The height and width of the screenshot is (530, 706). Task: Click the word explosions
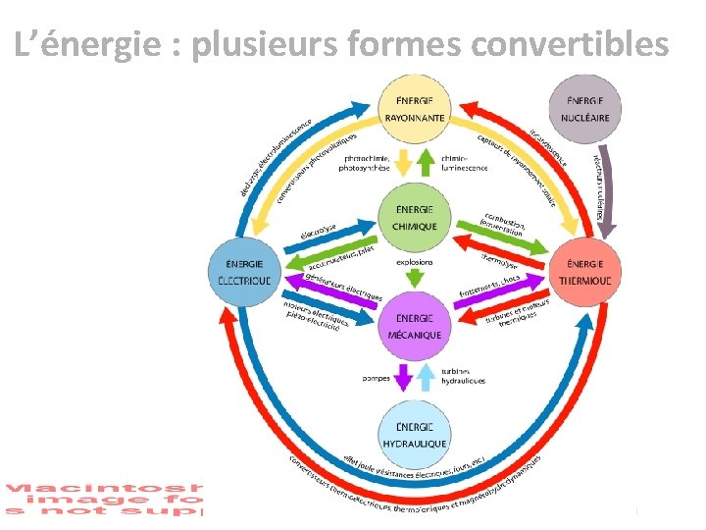click(x=416, y=263)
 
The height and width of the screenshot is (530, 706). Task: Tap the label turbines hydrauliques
click(x=464, y=377)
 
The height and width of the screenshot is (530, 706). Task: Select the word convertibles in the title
click(x=571, y=43)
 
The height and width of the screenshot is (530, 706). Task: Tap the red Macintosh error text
click(x=104, y=499)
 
